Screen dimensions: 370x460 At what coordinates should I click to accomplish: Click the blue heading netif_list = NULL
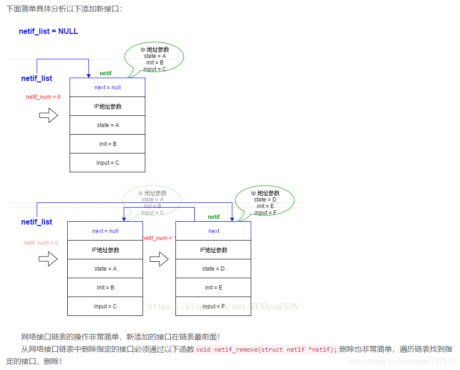click(48, 32)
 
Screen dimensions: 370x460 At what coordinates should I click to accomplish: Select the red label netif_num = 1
click(159, 238)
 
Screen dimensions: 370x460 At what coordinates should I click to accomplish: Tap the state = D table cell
click(213, 269)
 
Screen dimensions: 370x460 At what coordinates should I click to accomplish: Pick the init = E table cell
click(213, 288)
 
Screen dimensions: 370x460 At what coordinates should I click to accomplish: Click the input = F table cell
click(213, 306)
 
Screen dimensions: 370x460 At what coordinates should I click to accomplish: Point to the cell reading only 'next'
click(213, 231)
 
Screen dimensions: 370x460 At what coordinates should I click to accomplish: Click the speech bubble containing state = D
click(265, 202)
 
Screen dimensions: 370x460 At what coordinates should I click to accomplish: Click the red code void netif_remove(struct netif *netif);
click(267, 349)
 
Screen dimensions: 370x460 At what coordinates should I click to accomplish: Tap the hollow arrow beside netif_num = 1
click(159, 258)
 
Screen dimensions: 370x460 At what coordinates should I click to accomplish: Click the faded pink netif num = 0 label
click(41, 243)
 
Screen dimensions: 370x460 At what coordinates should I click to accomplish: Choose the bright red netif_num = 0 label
click(43, 97)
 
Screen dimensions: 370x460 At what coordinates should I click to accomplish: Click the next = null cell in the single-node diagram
click(107, 88)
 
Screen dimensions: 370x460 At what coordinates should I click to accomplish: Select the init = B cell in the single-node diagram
click(107, 144)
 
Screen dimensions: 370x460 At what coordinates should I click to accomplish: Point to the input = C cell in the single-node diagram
click(107, 163)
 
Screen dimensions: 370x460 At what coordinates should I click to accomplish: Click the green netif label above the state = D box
click(214, 217)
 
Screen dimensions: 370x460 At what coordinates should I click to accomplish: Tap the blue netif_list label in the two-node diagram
click(37, 222)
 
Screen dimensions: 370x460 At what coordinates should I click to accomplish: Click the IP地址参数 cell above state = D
click(213, 250)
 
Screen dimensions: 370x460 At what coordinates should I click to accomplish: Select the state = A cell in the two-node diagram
click(105, 269)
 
